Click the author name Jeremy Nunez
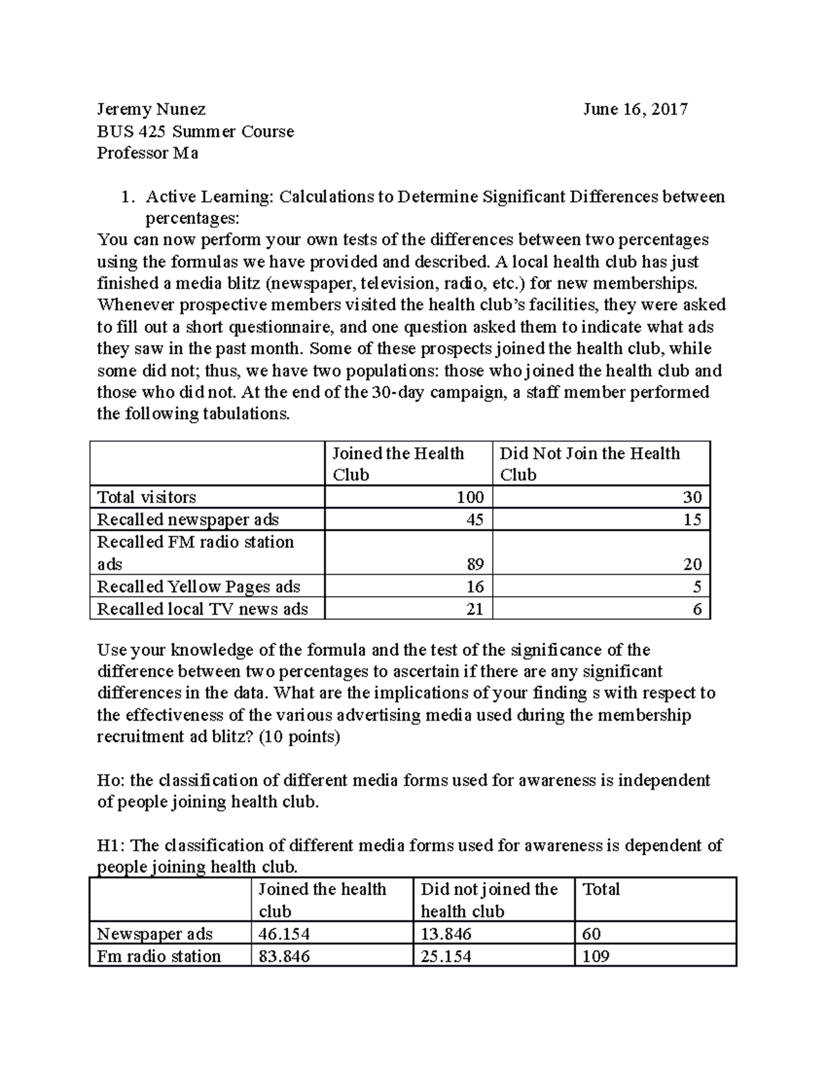[x=151, y=110]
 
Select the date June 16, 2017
[x=635, y=110]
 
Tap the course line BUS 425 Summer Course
[x=195, y=132]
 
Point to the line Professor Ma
[x=147, y=153]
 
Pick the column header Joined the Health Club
[x=398, y=464]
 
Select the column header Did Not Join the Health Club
[x=589, y=464]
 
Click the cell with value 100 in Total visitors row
[x=470, y=497]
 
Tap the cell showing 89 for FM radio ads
[x=474, y=564]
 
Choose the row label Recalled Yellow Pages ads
[x=198, y=586]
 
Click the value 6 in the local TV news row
[x=697, y=609]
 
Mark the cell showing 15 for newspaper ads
[x=692, y=519]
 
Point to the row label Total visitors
[x=147, y=497]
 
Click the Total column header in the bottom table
[x=601, y=889]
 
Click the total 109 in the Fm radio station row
[x=596, y=956]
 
